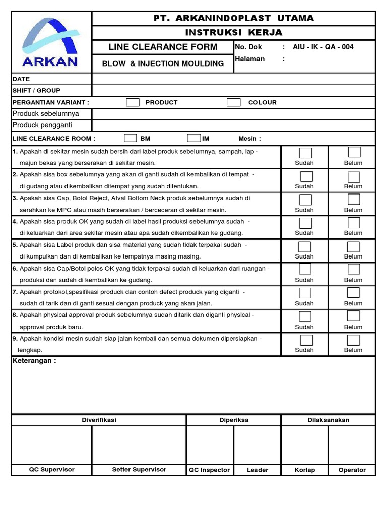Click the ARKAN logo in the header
[50, 42]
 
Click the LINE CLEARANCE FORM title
[163, 47]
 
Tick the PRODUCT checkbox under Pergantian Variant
[133, 102]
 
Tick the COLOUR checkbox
[233, 102]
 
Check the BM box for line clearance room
[131, 138]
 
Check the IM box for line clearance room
[194, 138]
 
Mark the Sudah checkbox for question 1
[305, 153]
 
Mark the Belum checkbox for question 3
[354, 200]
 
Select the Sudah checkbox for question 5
[304, 246]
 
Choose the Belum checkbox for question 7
[353, 293]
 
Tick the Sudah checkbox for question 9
[306, 340]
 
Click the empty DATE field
[233, 79]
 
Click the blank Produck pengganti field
[233, 125]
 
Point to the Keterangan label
[34, 361]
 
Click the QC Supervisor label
[51, 469]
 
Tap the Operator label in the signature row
[352, 470]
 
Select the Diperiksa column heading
[234, 420]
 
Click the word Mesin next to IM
[249, 139]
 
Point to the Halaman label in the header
[249, 59]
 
